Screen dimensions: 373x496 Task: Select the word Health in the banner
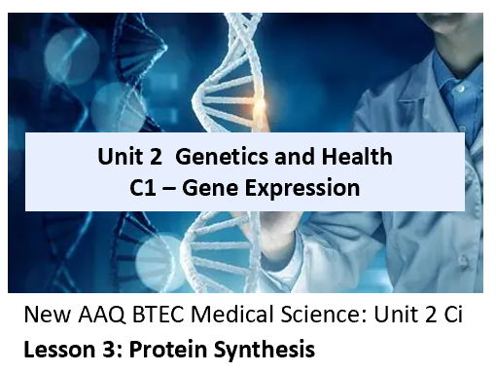click(x=353, y=157)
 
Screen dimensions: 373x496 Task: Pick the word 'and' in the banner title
click(x=292, y=157)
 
